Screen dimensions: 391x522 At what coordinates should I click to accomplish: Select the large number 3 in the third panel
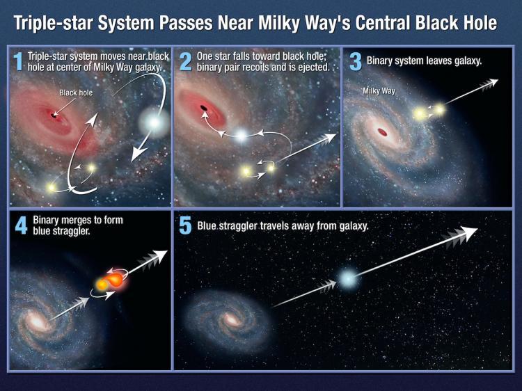356,61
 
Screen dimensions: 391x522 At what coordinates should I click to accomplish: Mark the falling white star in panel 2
241,135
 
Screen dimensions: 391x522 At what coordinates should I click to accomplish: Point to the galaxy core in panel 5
230,321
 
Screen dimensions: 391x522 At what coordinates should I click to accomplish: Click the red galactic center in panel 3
382,131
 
